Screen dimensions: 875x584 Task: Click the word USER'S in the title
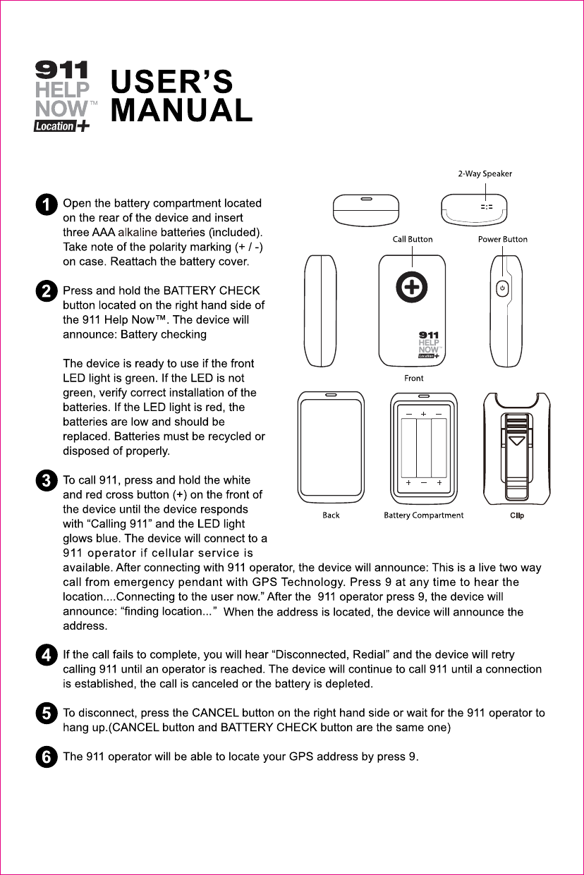click(x=173, y=82)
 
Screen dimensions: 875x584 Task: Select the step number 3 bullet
click(x=47, y=482)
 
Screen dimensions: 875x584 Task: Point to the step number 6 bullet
click(x=47, y=758)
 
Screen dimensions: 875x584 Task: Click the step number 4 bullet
click(x=47, y=656)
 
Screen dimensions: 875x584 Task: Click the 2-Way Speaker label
click(x=485, y=173)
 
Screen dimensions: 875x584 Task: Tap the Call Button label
click(x=413, y=239)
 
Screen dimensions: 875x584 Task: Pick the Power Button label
click(x=502, y=239)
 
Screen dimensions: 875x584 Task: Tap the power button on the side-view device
click(x=501, y=288)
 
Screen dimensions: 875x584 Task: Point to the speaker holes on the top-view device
click(x=486, y=207)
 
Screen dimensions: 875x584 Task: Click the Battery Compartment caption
click(x=423, y=515)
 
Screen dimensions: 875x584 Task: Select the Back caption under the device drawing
click(x=331, y=515)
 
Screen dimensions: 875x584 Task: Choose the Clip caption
click(x=517, y=515)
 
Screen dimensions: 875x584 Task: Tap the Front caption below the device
click(x=414, y=379)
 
